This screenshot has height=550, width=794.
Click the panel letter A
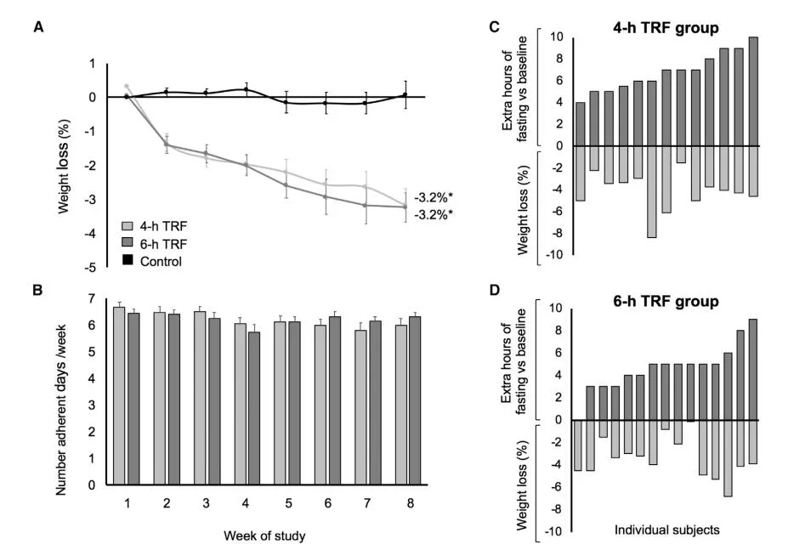point(38,26)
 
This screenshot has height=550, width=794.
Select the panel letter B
point(38,289)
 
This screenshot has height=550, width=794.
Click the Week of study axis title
point(264,536)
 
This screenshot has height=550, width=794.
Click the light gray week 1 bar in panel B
point(119,396)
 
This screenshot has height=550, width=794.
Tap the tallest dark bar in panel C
point(753,91)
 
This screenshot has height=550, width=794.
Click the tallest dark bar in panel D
point(753,369)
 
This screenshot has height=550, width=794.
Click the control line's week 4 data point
point(245,89)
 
